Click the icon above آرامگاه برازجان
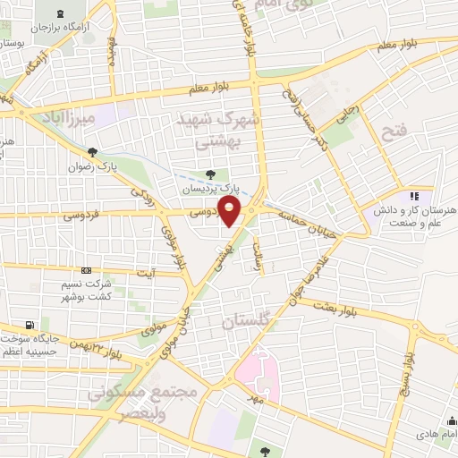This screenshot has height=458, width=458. [x=59, y=13]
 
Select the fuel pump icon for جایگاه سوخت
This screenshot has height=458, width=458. [x=32, y=324]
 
